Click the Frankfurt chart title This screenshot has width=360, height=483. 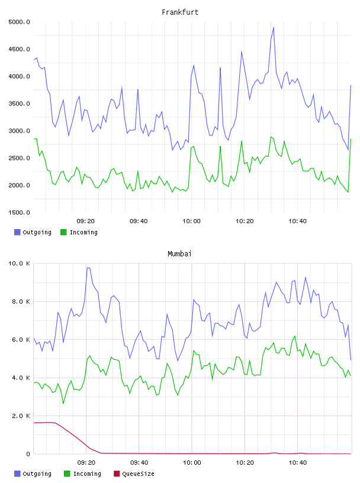tap(180, 12)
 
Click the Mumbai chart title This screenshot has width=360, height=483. tap(179, 254)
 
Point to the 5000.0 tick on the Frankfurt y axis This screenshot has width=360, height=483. tap(19, 22)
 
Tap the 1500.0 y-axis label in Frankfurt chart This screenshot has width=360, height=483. tap(19, 212)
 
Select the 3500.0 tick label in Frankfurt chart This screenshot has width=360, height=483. tap(19, 104)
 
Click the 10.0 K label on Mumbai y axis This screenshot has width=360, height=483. tap(19, 263)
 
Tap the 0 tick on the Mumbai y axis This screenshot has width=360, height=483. tap(28, 454)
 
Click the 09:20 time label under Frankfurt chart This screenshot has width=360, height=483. tap(85, 221)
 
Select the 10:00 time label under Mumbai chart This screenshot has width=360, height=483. tap(192, 463)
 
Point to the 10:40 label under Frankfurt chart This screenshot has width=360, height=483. tap(297, 221)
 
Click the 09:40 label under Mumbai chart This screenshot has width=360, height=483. tap(139, 463)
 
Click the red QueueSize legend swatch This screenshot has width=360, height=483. tap(117, 474)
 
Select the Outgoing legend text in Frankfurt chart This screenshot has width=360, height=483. tap(37, 232)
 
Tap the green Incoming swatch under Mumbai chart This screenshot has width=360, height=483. tap(67, 474)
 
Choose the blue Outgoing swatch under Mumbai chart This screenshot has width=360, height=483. tap(17, 474)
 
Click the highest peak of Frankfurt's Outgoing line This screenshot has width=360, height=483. tap(274, 27)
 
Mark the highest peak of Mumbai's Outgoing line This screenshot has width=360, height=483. tap(88, 268)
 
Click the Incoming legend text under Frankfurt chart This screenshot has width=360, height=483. tap(83, 232)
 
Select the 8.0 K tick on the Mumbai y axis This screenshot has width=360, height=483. tap(21, 301)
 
